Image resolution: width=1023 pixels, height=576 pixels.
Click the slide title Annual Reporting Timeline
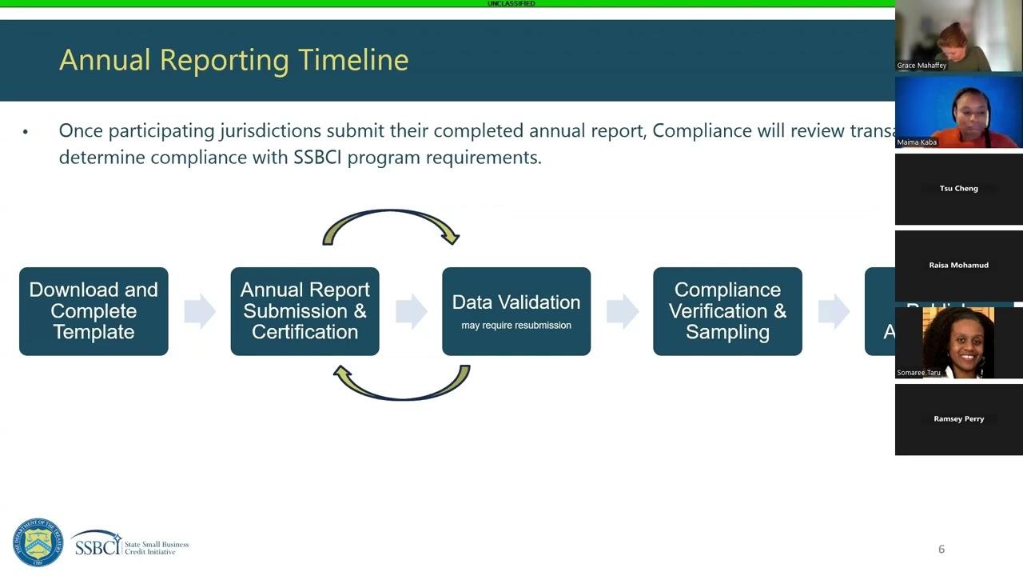click(x=233, y=60)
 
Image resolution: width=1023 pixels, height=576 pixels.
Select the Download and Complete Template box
click(x=94, y=311)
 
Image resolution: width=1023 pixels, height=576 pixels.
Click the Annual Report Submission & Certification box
click(x=305, y=311)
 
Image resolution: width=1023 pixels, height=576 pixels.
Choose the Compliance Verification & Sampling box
click(x=727, y=311)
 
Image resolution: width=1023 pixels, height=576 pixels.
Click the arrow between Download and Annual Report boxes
click(x=199, y=311)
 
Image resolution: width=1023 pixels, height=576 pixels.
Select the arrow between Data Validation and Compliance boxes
click(x=622, y=311)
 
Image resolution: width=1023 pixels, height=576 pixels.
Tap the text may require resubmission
click(x=516, y=326)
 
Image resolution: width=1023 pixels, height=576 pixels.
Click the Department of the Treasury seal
click(x=38, y=543)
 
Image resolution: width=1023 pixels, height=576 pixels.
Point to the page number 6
click(x=941, y=549)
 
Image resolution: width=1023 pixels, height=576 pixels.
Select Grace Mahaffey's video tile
click(x=958, y=37)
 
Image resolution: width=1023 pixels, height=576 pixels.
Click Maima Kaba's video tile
click(x=958, y=113)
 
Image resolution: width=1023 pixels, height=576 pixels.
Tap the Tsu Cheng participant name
click(x=958, y=189)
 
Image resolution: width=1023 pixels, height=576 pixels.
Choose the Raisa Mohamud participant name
click(x=958, y=265)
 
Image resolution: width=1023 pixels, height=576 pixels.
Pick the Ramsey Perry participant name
click(x=958, y=418)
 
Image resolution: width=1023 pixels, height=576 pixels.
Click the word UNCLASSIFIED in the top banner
click(x=511, y=4)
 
